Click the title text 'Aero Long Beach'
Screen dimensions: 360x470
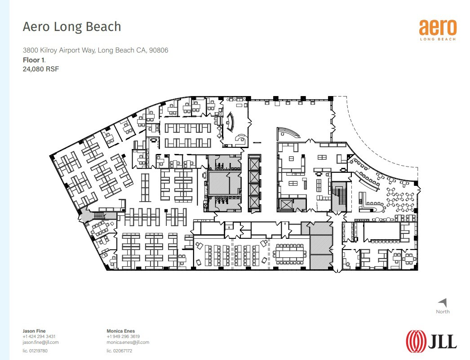coord(72,26)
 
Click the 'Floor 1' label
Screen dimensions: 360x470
coord(34,59)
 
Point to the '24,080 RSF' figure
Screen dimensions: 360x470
coord(41,69)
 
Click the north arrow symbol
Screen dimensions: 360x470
coord(443,303)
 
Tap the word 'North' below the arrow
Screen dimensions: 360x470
coord(443,312)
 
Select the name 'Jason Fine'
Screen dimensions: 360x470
coord(34,331)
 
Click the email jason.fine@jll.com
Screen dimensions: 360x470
coord(40,342)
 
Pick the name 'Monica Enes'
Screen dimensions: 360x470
coord(120,331)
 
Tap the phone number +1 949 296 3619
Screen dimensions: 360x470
coord(123,337)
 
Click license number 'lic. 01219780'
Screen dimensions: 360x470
coord(35,351)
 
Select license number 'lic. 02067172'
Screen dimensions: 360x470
coord(119,351)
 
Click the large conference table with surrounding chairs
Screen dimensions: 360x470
coord(290,254)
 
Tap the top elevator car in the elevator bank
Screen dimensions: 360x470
coord(254,163)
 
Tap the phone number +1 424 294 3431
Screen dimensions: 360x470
coord(39,337)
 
